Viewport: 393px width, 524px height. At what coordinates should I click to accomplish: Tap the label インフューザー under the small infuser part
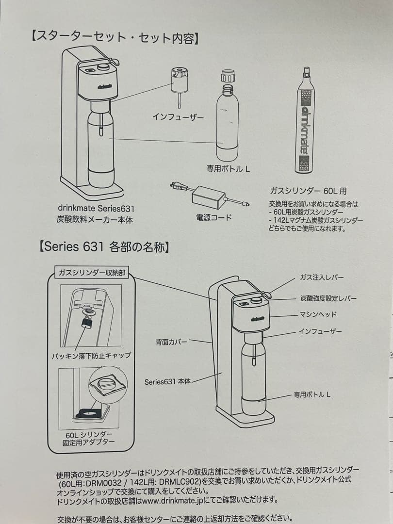178,116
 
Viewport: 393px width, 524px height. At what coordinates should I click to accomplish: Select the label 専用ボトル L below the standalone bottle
228,169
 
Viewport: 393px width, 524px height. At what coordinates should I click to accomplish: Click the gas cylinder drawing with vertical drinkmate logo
305,121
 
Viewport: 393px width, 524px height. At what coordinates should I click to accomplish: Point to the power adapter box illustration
208,196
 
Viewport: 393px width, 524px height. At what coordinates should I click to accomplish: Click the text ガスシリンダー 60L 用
308,191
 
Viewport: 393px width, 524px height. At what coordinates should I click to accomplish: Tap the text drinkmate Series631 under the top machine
96,209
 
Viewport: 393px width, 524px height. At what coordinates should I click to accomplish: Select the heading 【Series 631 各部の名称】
104,246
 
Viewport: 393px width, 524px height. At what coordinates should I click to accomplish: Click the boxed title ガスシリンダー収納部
92,273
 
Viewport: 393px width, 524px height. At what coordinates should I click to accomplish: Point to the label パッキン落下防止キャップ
91,356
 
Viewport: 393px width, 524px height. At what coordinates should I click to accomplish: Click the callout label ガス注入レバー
322,277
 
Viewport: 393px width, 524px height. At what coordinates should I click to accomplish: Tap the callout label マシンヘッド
318,314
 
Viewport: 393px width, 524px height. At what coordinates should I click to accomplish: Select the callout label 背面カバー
171,342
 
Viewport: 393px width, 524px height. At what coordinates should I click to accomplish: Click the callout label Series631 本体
167,382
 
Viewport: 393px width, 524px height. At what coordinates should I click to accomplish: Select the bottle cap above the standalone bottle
228,76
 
